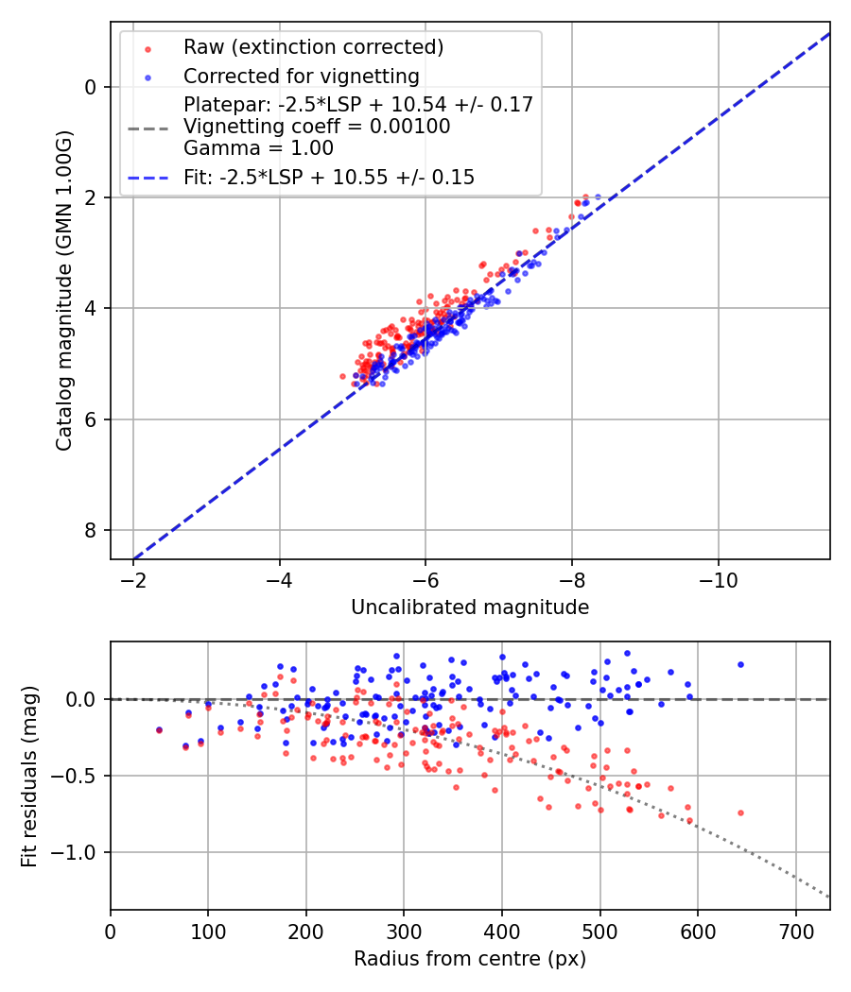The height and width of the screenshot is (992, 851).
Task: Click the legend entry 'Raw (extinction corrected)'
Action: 313,47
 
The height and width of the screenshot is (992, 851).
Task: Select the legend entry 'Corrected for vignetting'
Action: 301,76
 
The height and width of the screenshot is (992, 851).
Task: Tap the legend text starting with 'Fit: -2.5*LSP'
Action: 329,177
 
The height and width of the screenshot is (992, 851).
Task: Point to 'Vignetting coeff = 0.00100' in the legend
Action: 317,126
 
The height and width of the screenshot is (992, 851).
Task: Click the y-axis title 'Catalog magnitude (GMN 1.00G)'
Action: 63,290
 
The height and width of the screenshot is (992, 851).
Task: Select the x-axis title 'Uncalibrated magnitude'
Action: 470,607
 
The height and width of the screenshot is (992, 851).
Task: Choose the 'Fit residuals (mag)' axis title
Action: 29,776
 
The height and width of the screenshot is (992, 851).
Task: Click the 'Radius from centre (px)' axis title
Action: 470,959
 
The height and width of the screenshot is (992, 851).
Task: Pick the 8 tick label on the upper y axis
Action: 92,530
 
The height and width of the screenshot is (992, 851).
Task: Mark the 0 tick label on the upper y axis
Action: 92,87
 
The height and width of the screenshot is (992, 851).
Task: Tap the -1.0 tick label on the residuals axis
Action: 78,852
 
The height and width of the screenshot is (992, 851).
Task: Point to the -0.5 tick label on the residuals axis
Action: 78,776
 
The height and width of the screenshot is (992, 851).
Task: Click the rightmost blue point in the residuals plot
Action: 740,664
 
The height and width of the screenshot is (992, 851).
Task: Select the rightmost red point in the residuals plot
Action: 740,812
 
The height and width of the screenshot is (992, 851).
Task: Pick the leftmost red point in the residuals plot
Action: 159,730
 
